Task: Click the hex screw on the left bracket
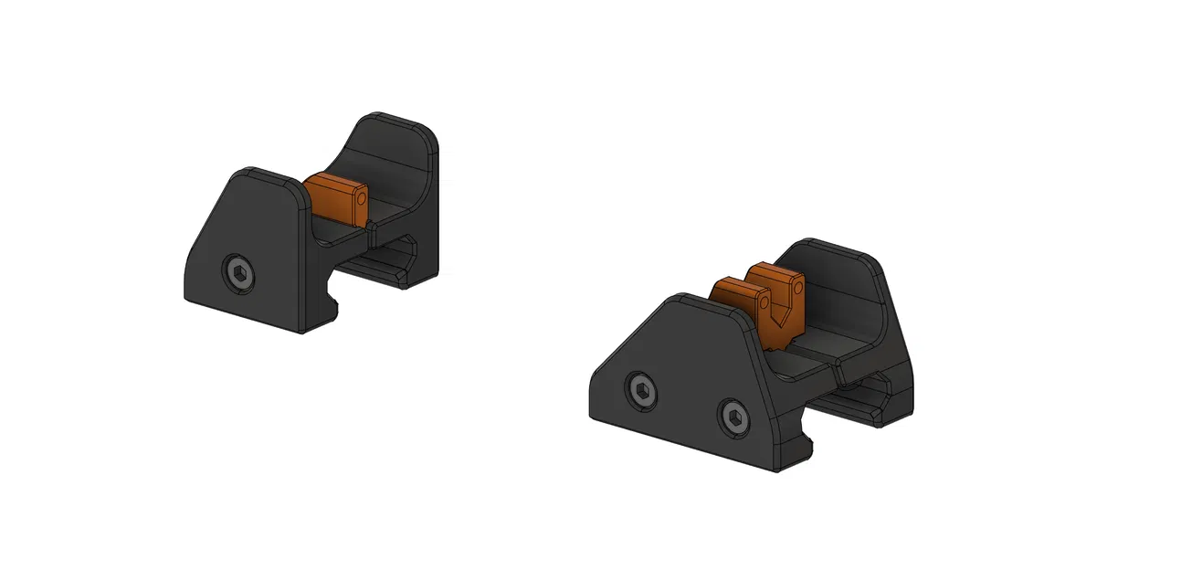pos(238,272)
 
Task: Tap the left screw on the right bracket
pos(642,393)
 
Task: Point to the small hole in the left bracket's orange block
pos(361,197)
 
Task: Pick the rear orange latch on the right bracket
pos(776,283)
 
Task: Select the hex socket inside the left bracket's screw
pos(238,272)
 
